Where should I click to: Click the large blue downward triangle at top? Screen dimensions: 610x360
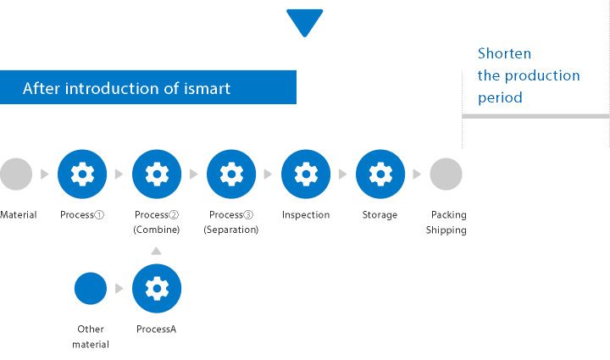(305, 21)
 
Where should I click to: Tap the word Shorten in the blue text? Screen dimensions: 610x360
(504, 53)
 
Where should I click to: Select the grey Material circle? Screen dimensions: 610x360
(16, 174)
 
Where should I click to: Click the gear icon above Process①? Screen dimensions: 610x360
(82, 174)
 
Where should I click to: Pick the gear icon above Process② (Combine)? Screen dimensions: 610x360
(157, 174)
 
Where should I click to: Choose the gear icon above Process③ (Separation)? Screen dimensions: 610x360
(231, 174)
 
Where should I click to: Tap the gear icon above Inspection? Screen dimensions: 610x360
(306, 174)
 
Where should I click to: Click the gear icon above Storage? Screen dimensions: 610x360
(380, 174)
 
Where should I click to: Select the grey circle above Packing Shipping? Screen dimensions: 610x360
(446, 174)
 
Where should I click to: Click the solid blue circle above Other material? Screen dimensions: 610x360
(91, 289)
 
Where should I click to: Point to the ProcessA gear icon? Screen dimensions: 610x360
(157, 289)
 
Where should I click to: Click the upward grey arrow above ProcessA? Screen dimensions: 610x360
(156, 251)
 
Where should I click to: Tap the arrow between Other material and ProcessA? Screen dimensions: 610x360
(119, 289)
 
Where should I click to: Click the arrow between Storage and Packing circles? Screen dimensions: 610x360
(417, 174)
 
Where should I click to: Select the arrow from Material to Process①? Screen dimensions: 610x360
(44, 174)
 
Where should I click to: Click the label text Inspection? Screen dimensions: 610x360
(306, 214)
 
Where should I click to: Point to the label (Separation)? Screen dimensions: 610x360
(231, 230)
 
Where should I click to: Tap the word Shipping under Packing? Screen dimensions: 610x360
(446, 230)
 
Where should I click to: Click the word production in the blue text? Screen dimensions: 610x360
(542, 75)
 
